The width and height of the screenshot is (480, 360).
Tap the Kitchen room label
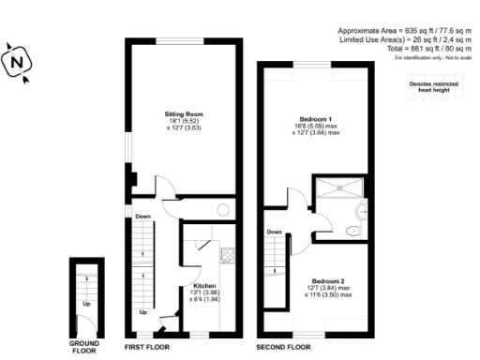coord(205,285)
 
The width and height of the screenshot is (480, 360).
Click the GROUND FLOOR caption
coord(84,347)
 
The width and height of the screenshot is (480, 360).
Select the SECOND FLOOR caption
coord(283,347)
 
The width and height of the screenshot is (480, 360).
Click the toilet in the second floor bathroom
coord(351,228)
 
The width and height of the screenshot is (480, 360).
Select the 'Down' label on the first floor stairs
coord(142,217)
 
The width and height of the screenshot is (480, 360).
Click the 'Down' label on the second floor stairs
coord(274,232)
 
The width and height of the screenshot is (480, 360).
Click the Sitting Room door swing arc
coord(161,186)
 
